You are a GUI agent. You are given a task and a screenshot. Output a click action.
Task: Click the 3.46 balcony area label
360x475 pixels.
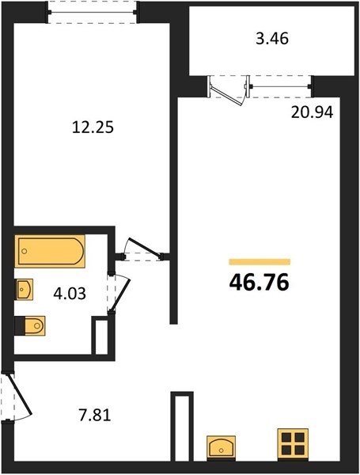(x=272, y=39)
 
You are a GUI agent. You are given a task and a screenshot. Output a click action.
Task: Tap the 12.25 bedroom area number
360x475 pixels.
(x=93, y=127)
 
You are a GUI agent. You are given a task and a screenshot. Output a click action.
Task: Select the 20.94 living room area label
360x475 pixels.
(x=313, y=112)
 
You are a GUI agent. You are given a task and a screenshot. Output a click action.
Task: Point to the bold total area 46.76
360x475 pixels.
(x=260, y=283)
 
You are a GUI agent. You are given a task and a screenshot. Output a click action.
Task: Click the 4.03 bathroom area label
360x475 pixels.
(x=70, y=294)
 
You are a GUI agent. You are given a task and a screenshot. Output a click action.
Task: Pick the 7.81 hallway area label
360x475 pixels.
(x=95, y=415)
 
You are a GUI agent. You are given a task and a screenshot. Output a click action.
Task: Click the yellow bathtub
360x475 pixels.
(x=50, y=251)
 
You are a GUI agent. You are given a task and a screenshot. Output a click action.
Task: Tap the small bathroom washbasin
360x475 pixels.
(x=24, y=289)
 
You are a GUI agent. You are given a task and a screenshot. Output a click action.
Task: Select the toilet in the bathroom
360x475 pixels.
(x=30, y=325)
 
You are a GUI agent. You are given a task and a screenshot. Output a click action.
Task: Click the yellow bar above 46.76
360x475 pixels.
(x=260, y=262)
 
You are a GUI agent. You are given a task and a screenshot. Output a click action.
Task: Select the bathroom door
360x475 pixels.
(x=120, y=294)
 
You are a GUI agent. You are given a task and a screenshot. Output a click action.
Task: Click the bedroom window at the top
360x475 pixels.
(x=93, y=12)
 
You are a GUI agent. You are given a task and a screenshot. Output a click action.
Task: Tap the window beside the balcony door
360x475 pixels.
(x=281, y=86)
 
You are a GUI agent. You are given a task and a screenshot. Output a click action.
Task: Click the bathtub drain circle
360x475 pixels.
(x=25, y=251)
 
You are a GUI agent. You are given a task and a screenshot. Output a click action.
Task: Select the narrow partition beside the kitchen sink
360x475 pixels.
(x=182, y=426)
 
